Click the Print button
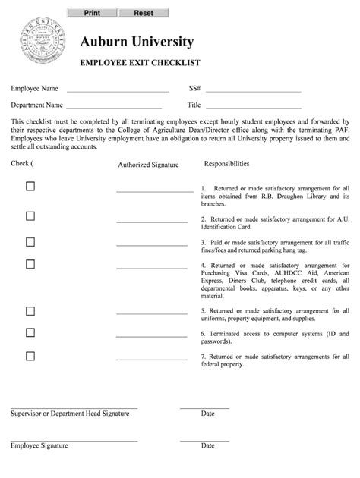[92, 13]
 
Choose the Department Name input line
[118, 105]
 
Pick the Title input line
[254, 105]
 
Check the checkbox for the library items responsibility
[30, 187]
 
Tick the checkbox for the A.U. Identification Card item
[30, 216]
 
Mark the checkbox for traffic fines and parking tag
[30, 242]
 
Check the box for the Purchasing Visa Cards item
[30, 264]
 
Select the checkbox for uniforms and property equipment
[30, 310]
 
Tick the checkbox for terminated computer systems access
[30, 332]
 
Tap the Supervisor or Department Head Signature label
[74, 414]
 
